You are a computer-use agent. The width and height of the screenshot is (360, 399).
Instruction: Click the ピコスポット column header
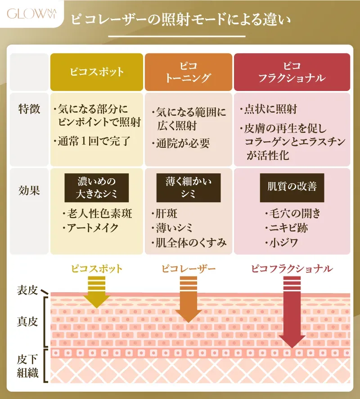(97, 72)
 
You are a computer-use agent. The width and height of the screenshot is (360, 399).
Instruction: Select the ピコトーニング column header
(189, 72)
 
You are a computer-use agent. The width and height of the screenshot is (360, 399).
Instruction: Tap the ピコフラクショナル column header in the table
(292, 72)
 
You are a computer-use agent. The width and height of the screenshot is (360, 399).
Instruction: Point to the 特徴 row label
(30, 109)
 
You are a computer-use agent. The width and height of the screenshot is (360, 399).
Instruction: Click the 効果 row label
(30, 190)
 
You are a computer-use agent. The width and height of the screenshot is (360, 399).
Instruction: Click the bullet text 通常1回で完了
(94, 141)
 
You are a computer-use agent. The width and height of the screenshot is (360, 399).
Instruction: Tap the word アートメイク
(93, 228)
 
